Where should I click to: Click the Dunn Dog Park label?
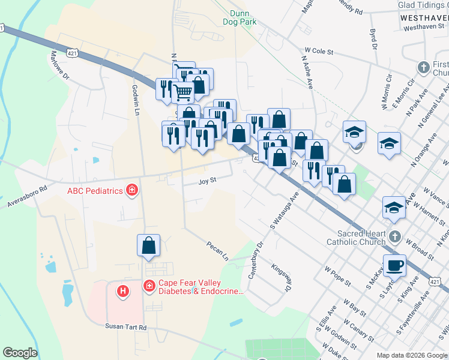click(243, 17)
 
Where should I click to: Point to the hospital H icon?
click(123, 291)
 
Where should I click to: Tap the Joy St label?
click(207, 180)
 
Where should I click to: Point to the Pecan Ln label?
click(218, 251)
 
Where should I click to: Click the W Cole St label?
click(319, 52)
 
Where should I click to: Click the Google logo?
click(20, 353)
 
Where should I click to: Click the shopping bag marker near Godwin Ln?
click(148, 245)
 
